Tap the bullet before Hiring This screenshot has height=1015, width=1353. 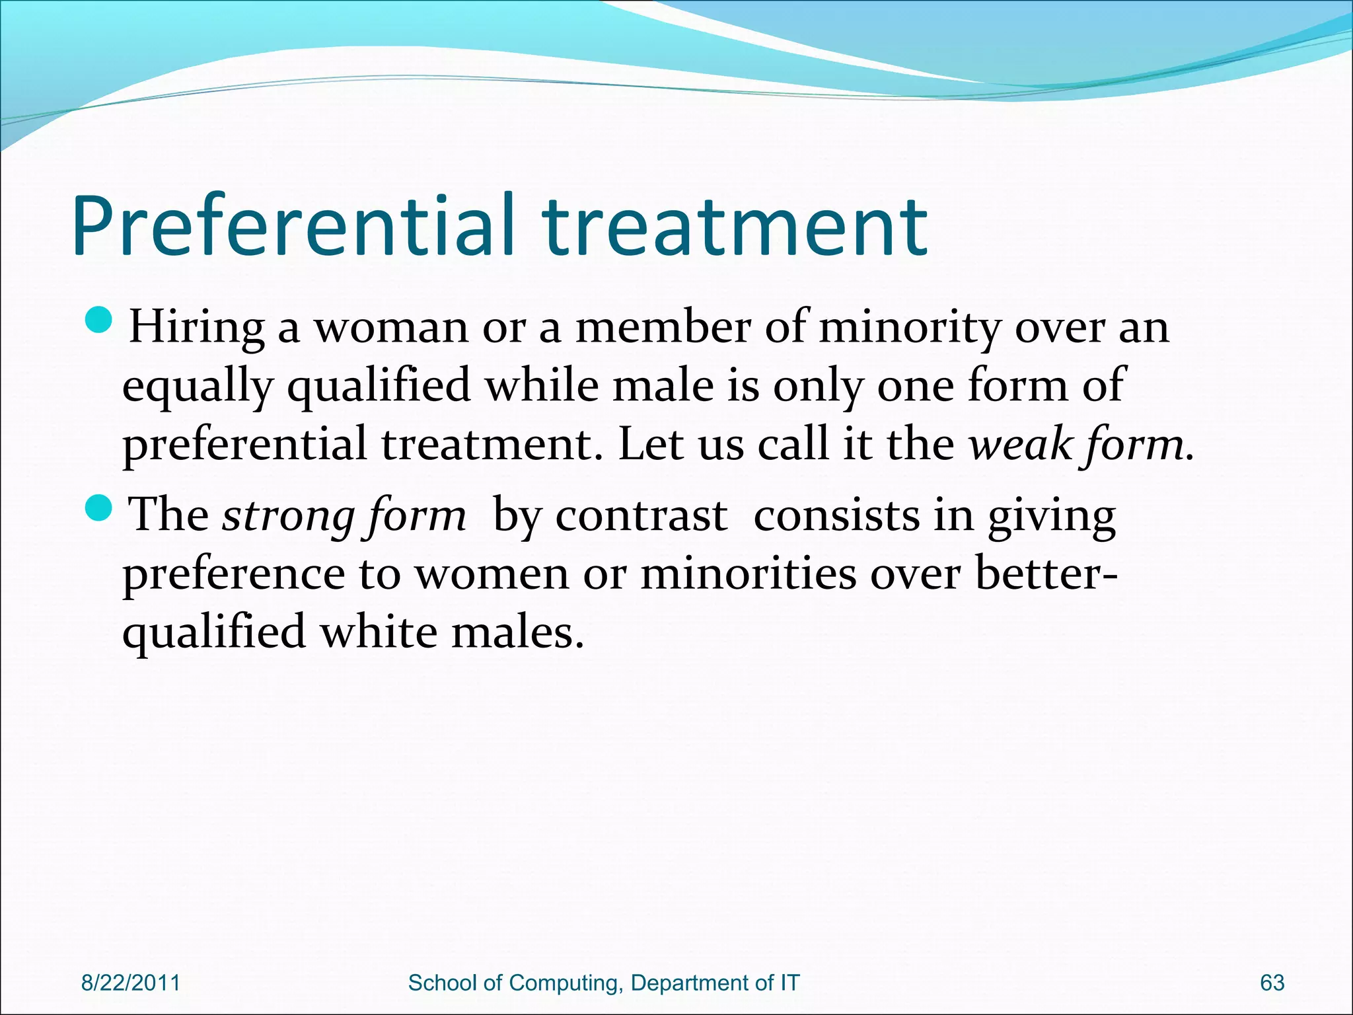[x=100, y=322]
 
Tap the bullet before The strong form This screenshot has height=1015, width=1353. [x=100, y=509]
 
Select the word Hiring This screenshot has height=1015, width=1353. [x=196, y=327]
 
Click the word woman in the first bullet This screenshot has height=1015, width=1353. [x=390, y=327]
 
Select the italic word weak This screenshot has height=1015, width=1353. [x=1020, y=445]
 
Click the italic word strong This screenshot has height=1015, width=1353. [x=288, y=515]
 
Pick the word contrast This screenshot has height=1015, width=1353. [x=641, y=515]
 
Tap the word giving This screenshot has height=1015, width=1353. [x=1051, y=515]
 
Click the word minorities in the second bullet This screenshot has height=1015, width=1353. [x=749, y=573]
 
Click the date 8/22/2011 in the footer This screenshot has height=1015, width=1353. [x=130, y=983]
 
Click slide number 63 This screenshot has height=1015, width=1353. [x=1272, y=983]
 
